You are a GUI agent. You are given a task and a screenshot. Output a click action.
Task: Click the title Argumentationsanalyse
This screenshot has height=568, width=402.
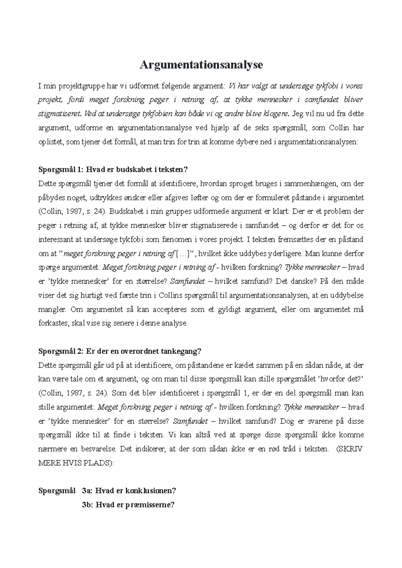coord(201,65)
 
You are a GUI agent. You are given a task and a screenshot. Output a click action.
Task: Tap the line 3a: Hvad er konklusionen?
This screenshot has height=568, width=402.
coord(129,491)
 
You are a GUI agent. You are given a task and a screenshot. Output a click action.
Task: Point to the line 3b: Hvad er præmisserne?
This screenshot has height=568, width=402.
coord(128,505)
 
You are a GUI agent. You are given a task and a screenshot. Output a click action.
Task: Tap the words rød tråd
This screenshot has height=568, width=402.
coord(282,449)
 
